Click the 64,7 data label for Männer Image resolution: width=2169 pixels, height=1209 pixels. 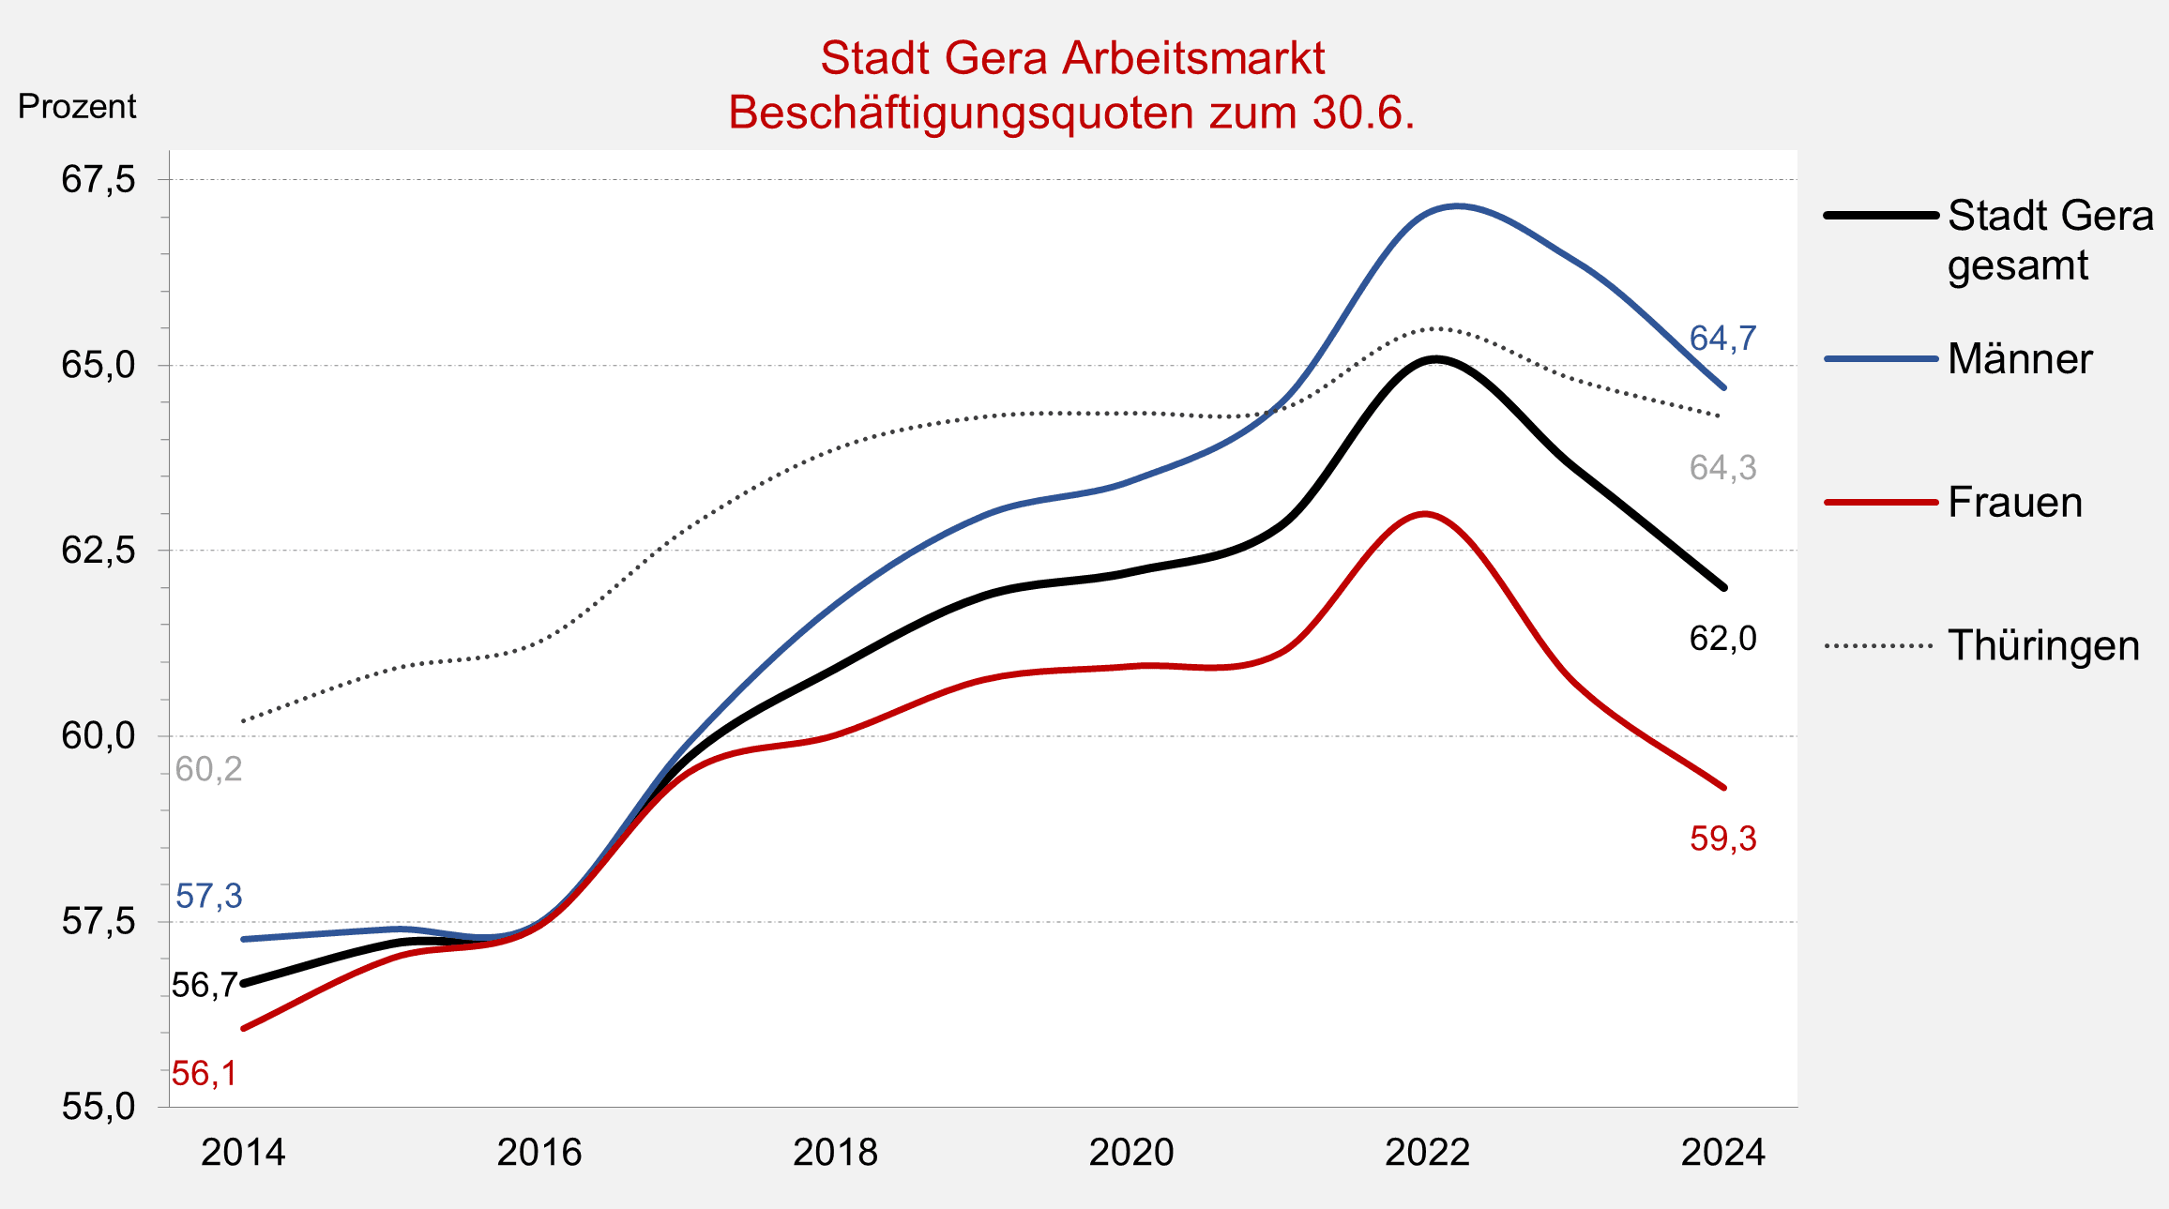pos(1722,339)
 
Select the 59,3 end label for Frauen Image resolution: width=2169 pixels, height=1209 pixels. pos(1722,839)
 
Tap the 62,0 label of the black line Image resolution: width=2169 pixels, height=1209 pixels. pos(1722,639)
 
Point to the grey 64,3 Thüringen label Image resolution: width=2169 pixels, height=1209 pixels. pos(1722,467)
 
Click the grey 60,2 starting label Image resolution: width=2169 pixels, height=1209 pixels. pos(208,769)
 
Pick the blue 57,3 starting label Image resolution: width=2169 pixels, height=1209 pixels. pos(208,897)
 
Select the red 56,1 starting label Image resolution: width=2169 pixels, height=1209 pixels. pos(204,1074)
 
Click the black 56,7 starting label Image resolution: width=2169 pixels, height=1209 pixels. pos(204,986)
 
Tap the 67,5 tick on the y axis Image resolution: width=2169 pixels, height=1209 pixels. pos(99,179)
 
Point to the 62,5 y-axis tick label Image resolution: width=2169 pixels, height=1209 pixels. pos(99,551)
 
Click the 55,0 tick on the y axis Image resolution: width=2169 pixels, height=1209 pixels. pos(99,1107)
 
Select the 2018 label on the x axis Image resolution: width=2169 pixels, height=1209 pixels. pos(835,1153)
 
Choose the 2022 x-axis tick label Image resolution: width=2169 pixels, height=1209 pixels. pos(1427,1153)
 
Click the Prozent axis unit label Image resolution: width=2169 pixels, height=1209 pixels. pos(77,107)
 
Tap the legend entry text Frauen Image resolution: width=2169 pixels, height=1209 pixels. pos(2014,503)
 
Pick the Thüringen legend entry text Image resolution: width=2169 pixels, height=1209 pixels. pos(2043,646)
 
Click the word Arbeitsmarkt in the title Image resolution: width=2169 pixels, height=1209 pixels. pos(1193,58)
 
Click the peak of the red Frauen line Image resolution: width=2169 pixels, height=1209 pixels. pos(1425,514)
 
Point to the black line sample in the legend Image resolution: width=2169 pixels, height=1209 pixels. pos(1880,216)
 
